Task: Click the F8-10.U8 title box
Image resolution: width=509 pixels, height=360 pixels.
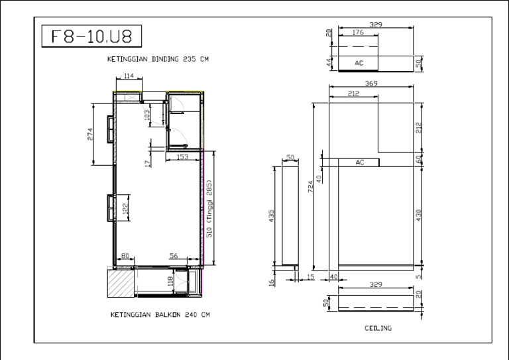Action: click(91, 36)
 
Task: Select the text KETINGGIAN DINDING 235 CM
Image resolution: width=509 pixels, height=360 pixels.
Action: click(158, 59)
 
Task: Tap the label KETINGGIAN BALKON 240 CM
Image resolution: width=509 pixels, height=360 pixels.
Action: click(160, 315)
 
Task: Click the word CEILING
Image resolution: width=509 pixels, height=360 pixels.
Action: click(378, 328)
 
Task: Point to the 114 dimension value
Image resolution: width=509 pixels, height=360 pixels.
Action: click(129, 76)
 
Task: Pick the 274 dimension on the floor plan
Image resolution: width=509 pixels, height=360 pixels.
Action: click(91, 134)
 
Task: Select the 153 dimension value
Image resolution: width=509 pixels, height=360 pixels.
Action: click(183, 157)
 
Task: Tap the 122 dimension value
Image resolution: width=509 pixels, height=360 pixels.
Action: click(125, 209)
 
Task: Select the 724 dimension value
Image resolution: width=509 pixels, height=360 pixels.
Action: click(310, 188)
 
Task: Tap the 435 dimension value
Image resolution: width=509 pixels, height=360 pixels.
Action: click(271, 216)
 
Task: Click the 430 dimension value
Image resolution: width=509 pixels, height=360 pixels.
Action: click(418, 215)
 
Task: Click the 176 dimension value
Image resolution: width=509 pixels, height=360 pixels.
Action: click(358, 32)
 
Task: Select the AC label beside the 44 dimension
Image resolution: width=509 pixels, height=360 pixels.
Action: click(359, 63)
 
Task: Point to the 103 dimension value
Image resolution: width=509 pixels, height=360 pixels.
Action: click(148, 115)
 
